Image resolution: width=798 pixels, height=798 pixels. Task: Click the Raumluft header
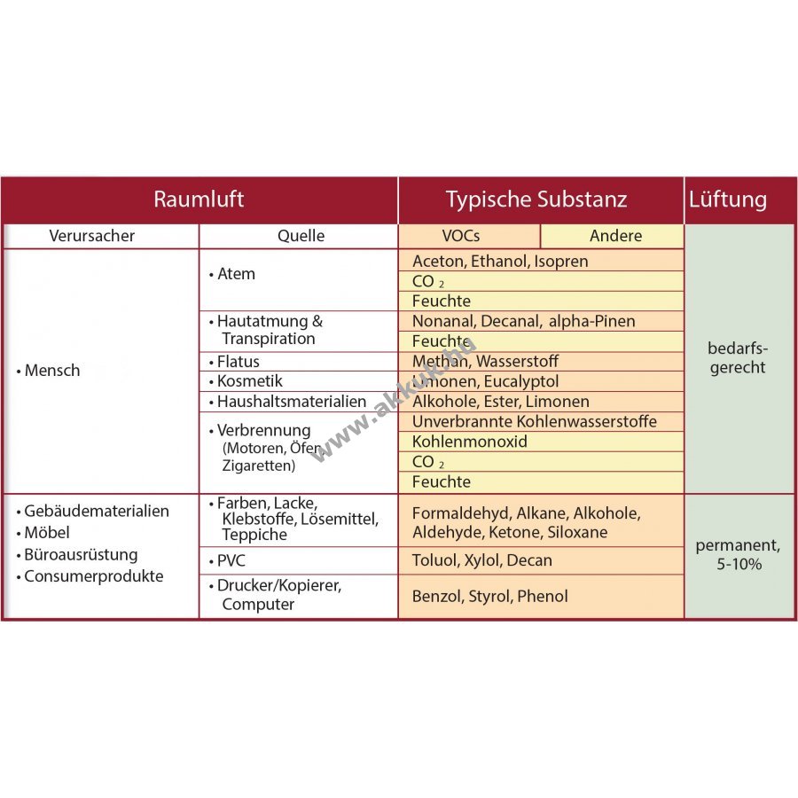(199, 199)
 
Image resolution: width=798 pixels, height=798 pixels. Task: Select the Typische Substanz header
(536, 199)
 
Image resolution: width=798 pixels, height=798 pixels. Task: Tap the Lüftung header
(728, 199)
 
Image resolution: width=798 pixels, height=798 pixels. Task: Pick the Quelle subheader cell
(301, 236)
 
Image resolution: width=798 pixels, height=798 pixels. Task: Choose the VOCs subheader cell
(467, 236)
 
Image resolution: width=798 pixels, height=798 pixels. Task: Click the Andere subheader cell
(615, 236)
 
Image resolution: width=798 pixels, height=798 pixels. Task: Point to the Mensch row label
(51, 371)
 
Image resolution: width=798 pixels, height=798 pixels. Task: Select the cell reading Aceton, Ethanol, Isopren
(500, 261)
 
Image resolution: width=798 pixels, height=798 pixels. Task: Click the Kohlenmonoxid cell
(470, 442)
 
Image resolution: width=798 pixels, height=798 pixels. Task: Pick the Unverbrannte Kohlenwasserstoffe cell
(534, 421)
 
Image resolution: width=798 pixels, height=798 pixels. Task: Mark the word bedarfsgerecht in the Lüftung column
(737, 358)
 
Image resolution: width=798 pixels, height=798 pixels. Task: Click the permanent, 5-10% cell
(737, 555)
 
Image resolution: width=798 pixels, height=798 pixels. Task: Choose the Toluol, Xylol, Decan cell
(482, 560)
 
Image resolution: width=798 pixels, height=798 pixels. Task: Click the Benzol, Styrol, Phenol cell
(489, 597)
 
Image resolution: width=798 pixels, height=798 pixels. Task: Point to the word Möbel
(46, 533)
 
